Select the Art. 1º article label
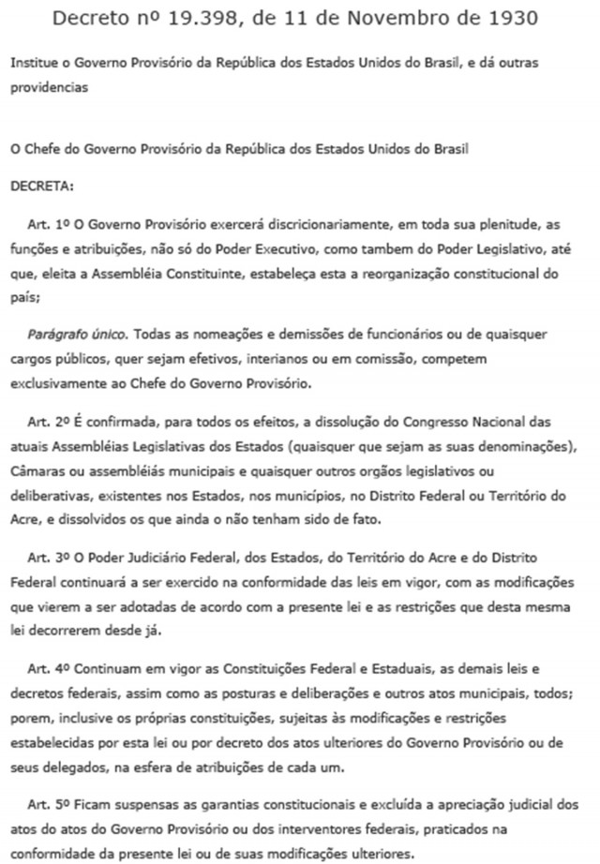[x=46, y=227]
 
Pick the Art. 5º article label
[x=46, y=804]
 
